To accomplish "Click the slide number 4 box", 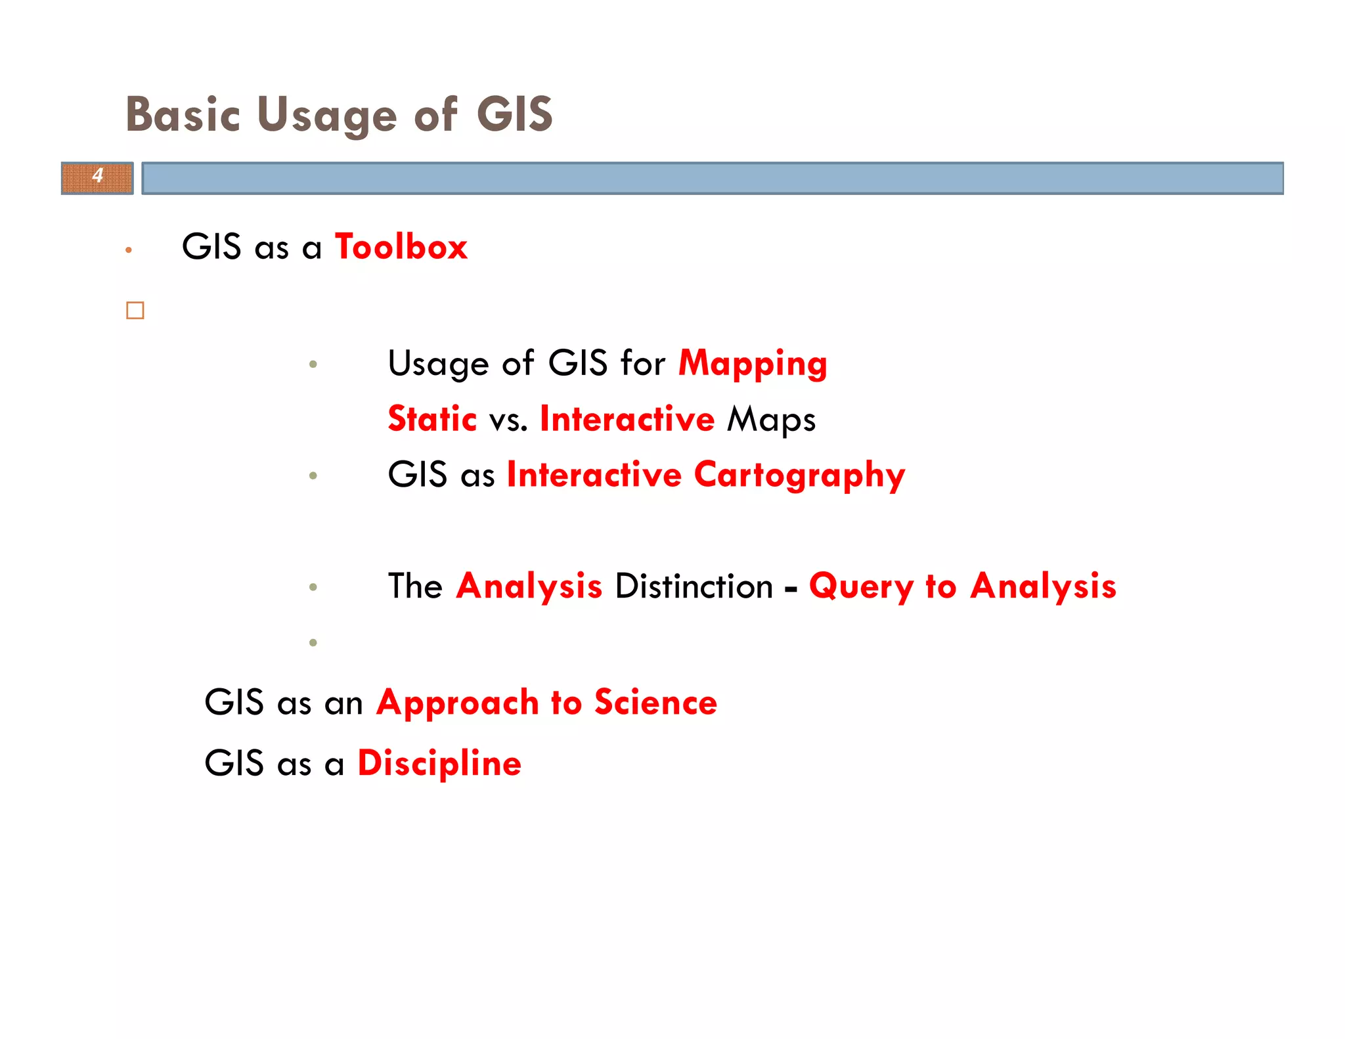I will click(x=97, y=178).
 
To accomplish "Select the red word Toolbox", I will click(x=401, y=247).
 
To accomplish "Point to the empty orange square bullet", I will click(x=135, y=310).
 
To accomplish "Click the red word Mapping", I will click(x=753, y=363).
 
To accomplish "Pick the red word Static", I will click(x=432, y=419).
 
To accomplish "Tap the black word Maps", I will click(x=771, y=419).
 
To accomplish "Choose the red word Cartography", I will click(x=799, y=475).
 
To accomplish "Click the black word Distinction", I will click(x=694, y=586).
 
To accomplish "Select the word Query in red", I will click(x=861, y=586).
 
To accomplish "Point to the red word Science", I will click(x=655, y=702).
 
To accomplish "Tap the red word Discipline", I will click(x=439, y=763).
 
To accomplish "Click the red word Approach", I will click(x=457, y=703).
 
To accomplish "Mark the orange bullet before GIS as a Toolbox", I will click(x=129, y=250).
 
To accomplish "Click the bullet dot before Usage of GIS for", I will click(x=313, y=364).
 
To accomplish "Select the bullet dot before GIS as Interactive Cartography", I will click(x=313, y=475).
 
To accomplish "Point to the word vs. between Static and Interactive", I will click(x=508, y=420).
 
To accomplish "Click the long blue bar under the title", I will click(x=713, y=178).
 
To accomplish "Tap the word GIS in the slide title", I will click(x=514, y=114).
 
